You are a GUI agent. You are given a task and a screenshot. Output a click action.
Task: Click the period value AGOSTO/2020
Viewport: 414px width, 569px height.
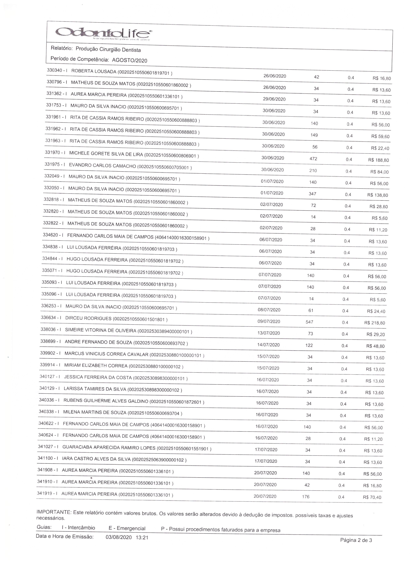(x=130, y=60)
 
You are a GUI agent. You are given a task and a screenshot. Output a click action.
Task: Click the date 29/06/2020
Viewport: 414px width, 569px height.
(x=274, y=99)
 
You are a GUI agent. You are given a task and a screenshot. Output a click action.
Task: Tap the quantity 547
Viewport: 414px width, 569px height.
(x=309, y=322)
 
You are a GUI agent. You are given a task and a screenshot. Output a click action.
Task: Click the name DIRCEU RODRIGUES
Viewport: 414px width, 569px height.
(x=88, y=318)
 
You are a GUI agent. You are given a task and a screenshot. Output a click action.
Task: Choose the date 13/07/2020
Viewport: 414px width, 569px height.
(x=268, y=333)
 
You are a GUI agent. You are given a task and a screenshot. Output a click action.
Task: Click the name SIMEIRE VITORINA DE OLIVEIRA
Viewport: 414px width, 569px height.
(x=100, y=330)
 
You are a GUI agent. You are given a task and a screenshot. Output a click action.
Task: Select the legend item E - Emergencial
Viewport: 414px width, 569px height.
(x=127, y=528)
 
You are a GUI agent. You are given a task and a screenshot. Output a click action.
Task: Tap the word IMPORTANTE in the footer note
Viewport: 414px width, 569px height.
(x=53, y=512)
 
